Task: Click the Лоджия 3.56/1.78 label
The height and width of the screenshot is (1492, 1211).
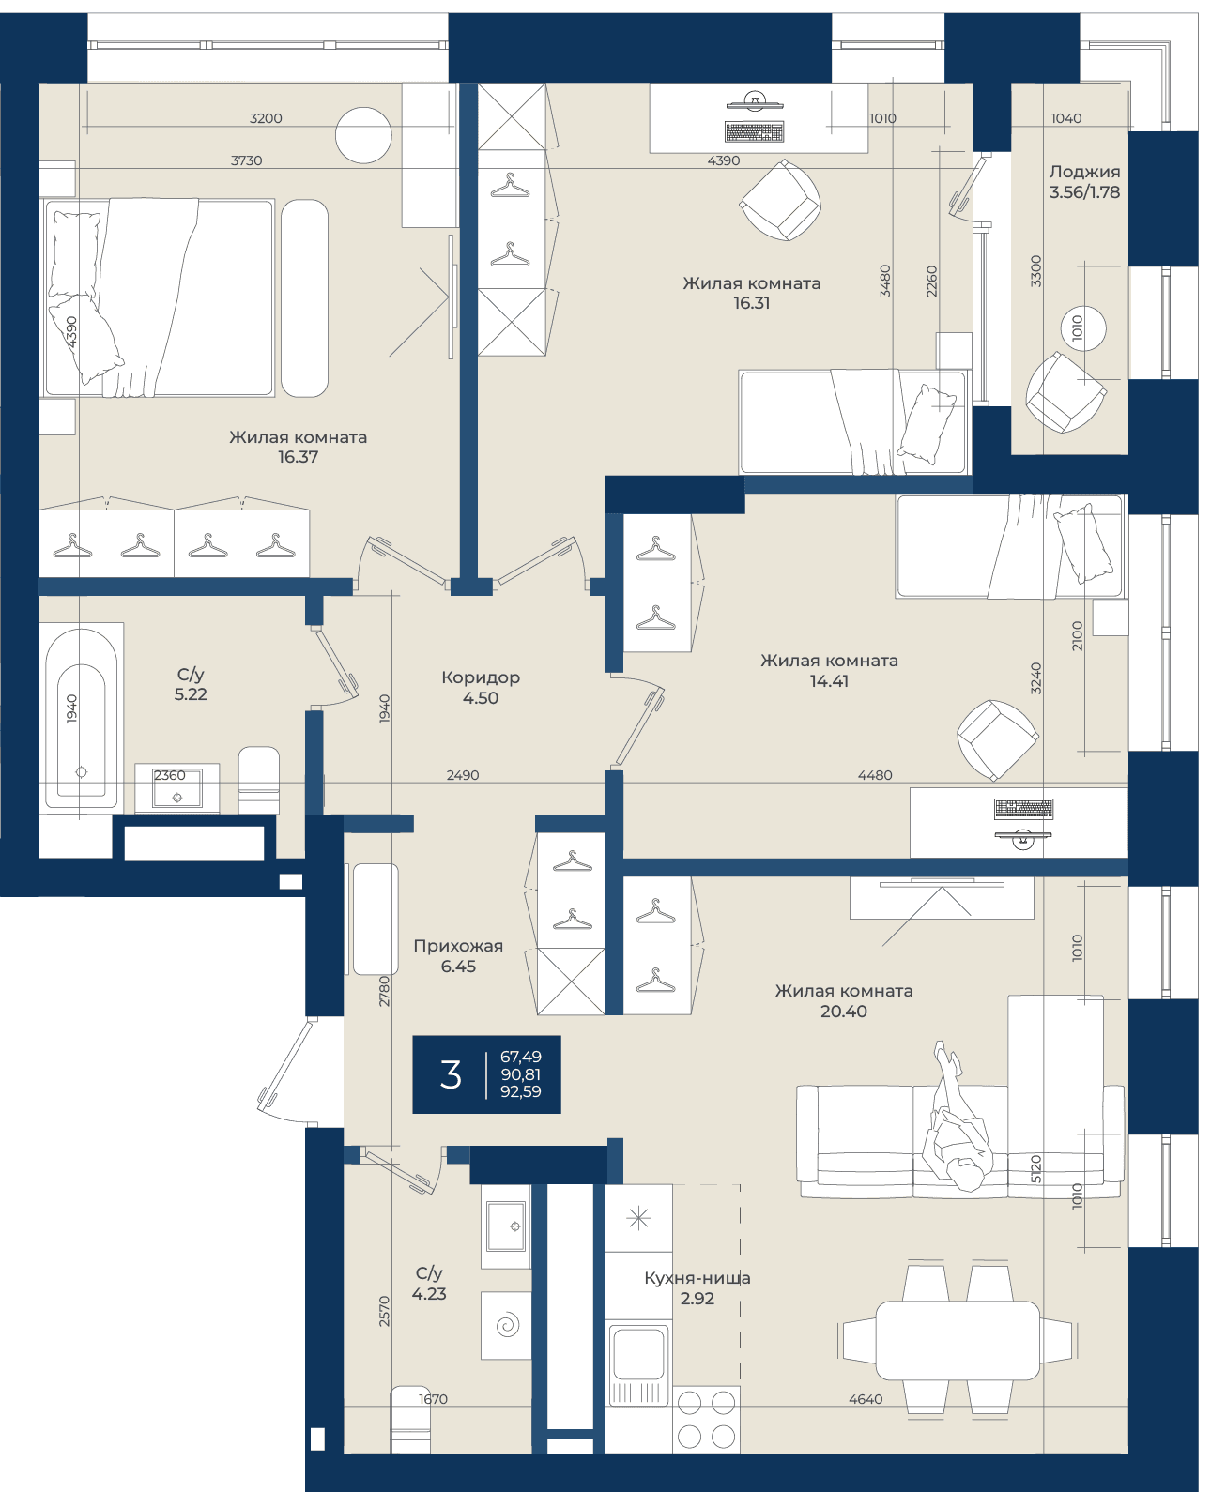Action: click(1084, 181)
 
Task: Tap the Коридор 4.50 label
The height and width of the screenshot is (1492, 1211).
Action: click(481, 687)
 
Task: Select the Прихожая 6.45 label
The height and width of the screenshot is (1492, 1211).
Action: click(458, 955)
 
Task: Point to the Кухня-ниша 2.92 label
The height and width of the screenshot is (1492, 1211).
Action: click(697, 1287)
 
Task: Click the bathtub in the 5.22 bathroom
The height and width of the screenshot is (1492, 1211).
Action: click(82, 716)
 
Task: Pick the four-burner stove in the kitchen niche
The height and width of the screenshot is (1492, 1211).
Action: click(706, 1419)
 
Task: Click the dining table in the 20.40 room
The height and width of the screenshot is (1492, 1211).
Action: click(958, 1339)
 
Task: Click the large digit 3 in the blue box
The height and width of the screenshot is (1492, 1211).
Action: click(451, 1074)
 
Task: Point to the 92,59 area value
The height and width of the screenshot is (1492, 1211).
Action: click(521, 1091)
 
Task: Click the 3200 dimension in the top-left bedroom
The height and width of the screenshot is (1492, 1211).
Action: click(266, 118)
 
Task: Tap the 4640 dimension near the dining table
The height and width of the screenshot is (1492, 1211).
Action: click(866, 1399)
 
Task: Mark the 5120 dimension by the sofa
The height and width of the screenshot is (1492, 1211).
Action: click(1036, 1168)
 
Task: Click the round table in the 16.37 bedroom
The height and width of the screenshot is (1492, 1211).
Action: click(363, 135)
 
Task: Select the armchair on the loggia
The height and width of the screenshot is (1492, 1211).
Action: click(1065, 392)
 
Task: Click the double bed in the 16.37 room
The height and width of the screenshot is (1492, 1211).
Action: click(159, 297)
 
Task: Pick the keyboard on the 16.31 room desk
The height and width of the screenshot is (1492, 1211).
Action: click(754, 131)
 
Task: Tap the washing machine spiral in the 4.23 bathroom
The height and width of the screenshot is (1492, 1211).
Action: click(507, 1325)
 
